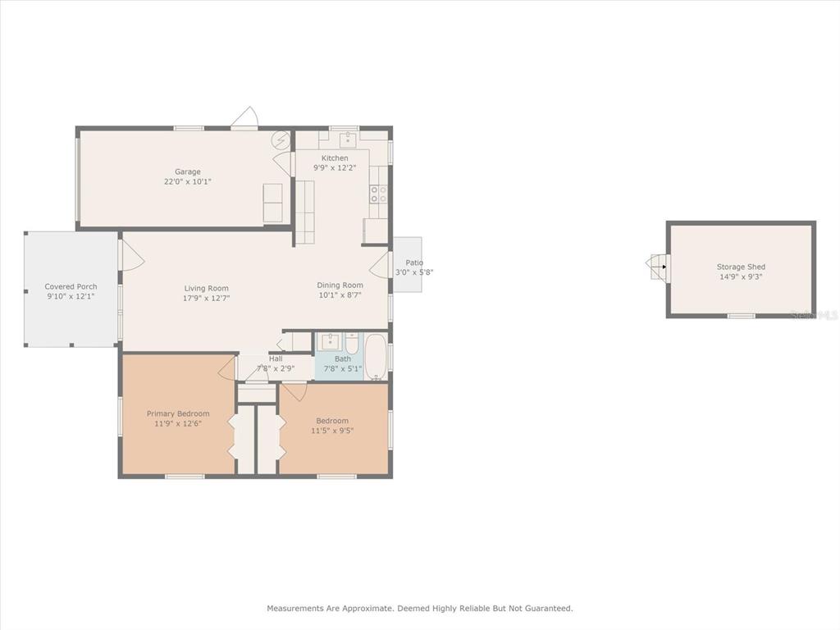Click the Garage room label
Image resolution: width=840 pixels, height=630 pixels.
click(188, 172)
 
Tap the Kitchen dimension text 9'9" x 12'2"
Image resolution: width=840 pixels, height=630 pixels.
click(335, 167)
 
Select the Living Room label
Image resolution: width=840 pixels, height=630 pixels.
click(206, 288)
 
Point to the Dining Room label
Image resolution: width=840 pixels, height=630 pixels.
click(340, 285)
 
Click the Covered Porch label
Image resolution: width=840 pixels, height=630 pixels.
click(71, 286)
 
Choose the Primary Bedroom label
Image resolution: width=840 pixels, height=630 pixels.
click(178, 413)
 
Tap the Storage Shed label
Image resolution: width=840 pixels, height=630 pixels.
click(741, 267)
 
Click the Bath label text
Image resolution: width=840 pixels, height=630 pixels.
click(343, 359)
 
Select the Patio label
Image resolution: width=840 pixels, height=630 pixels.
click(414, 262)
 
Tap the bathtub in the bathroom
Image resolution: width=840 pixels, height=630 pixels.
click(376, 358)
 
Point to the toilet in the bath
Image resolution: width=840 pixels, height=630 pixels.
click(351, 344)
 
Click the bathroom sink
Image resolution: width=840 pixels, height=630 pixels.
click(330, 341)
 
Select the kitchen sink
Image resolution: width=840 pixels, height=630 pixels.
click(348, 139)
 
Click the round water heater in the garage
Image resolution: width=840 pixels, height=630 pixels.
click(281, 139)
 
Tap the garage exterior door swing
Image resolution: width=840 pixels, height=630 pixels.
click(245, 118)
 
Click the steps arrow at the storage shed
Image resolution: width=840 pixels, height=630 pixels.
click(664, 267)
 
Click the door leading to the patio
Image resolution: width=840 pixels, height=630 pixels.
click(379, 265)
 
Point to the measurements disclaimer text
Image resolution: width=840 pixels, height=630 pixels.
click(420, 608)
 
